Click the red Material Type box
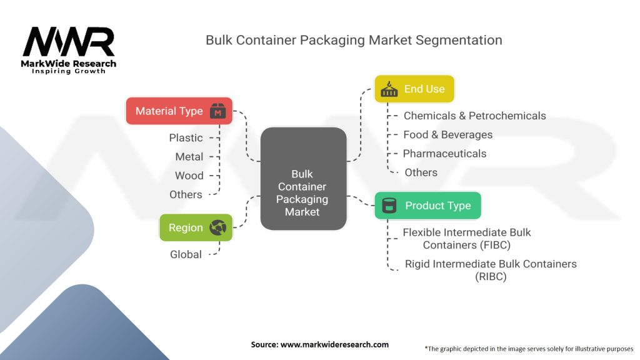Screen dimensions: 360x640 tap(179, 111)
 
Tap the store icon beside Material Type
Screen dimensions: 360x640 tap(217, 112)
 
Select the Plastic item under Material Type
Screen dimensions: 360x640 tap(186, 138)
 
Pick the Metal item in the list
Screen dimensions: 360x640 tap(189, 157)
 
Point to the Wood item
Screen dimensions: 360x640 tap(189, 176)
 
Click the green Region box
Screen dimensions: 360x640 tap(196, 227)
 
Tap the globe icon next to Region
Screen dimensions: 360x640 tap(218, 227)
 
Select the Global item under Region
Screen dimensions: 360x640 tap(186, 254)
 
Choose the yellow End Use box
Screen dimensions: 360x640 tap(414, 89)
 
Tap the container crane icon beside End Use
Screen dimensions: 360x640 tap(389, 89)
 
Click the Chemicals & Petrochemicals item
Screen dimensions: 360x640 tap(474, 116)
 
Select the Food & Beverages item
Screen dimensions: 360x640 tap(447, 134)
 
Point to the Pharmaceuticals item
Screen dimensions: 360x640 tap(444, 153)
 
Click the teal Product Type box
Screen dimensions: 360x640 tap(427, 205)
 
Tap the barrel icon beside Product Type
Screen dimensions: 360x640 tap(389, 205)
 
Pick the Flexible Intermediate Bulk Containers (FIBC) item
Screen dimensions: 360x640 tap(467, 238)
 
